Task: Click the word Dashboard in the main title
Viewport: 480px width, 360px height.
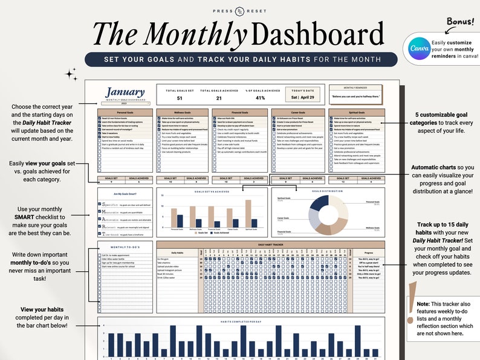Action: [320, 34]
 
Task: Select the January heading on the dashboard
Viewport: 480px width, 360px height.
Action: [125, 92]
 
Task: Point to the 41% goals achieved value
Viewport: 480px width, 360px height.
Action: [260, 98]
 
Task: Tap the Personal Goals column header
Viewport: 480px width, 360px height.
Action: [125, 112]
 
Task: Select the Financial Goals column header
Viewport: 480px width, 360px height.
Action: [240, 112]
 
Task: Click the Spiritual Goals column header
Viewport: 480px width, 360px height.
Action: [355, 112]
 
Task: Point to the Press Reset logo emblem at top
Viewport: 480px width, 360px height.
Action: [240, 11]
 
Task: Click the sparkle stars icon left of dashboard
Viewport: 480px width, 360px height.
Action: [71, 74]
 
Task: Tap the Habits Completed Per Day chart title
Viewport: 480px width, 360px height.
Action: [241, 321]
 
